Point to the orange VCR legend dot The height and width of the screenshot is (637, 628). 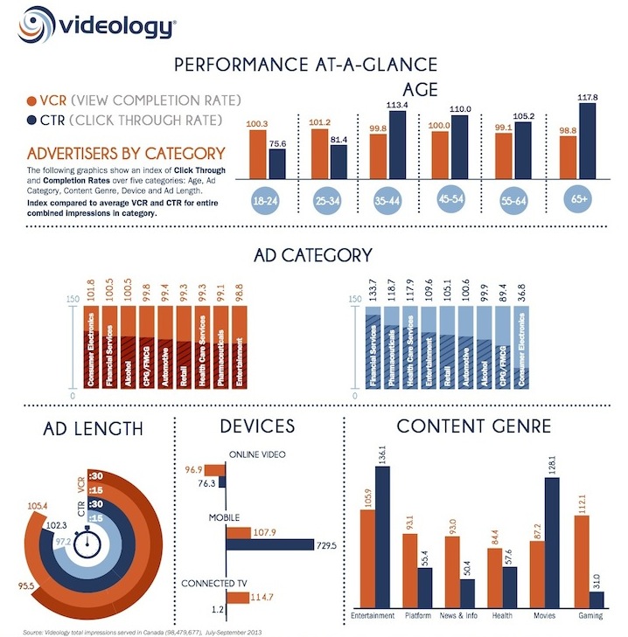(32, 100)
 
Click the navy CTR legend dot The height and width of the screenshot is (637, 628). (32, 119)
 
